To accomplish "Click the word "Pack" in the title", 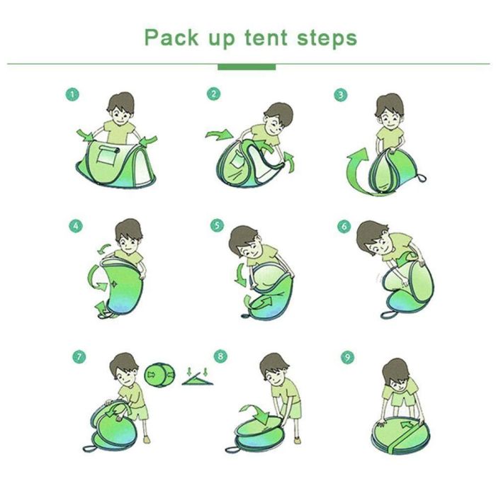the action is pyautogui.click(x=171, y=38).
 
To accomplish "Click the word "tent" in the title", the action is pyautogui.click(x=266, y=38).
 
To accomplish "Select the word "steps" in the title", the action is pyautogui.click(x=327, y=39).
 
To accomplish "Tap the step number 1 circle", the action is pyautogui.click(x=72, y=94).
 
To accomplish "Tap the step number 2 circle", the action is pyautogui.click(x=213, y=94).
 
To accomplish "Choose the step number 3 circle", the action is pyautogui.click(x=341, y=95).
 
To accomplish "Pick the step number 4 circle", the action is pyautogui.click(x=76, y=226).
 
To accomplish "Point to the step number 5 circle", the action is pyautogui.click(x=218, y=225).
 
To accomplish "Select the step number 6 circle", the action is pyautogui.click(x=344, y=227).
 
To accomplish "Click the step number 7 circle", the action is pyautogui.click(x=79, y=357).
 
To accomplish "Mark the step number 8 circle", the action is pyautogui.click(x=220, y=356).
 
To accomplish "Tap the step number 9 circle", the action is pyautogui.click(x=347, y=357).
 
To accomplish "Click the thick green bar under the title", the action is pyautogui.click(x=247, y=67).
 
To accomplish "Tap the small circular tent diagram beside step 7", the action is pyautogui.click(x=159, y=375).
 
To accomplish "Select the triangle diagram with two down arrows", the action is pyautogui.click(x=198, y=376).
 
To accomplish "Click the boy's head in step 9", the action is pyautogui.click(x=395, y=374).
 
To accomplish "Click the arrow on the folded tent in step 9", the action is pyautogui.click(x=407, y=424).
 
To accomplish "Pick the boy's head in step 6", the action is pyautogui.click(x=373, y=238).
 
